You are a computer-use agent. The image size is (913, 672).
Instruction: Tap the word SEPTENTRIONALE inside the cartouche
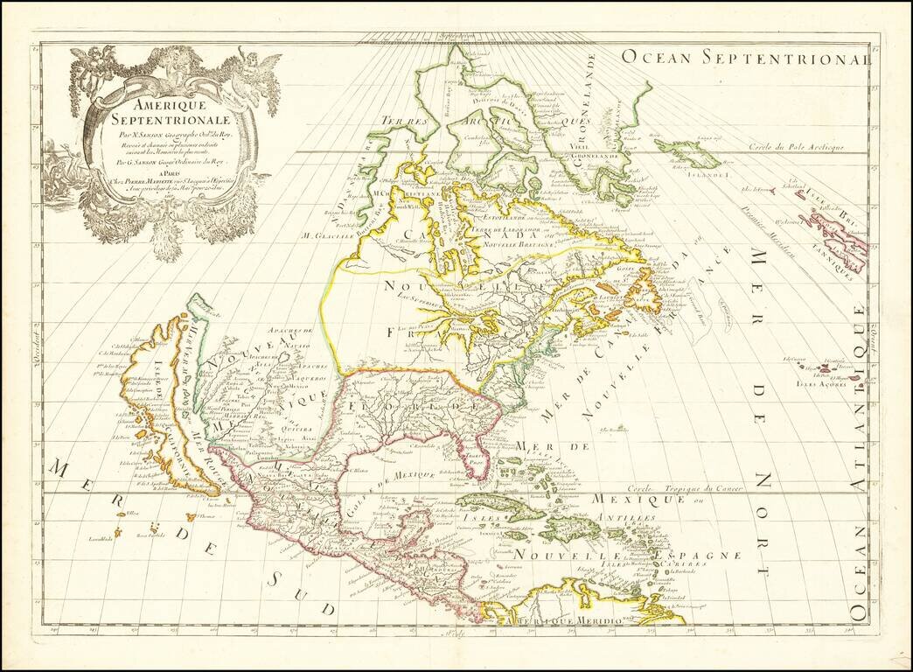tap(173, 118)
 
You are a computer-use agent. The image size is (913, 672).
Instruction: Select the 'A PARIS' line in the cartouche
tap(173, 172)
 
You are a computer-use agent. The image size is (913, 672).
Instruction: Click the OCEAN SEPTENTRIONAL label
tap(746, 58)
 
